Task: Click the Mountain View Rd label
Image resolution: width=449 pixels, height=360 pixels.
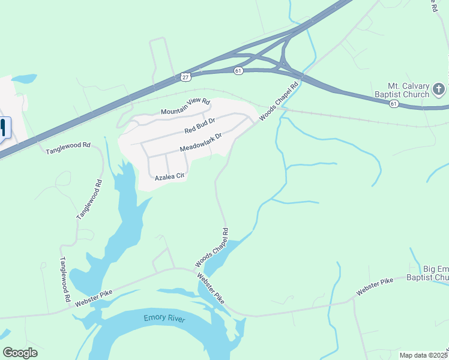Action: point(185,106)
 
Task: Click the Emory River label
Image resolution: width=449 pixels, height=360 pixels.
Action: point(164,318)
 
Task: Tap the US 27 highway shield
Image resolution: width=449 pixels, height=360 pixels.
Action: point(185,76)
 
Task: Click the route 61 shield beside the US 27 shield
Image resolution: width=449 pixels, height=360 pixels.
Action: point(239,71)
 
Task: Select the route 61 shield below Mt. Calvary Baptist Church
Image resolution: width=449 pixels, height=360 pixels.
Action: point(394,104)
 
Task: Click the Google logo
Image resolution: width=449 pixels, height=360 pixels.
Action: point(20,352)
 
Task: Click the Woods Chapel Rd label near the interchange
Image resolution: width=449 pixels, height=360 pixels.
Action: point(279,101)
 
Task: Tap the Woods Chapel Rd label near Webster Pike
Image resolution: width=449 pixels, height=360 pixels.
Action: point(211,247)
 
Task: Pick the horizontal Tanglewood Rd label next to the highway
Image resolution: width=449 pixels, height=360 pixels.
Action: point(68,149)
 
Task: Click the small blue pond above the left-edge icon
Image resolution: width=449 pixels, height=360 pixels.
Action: point(24,79)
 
